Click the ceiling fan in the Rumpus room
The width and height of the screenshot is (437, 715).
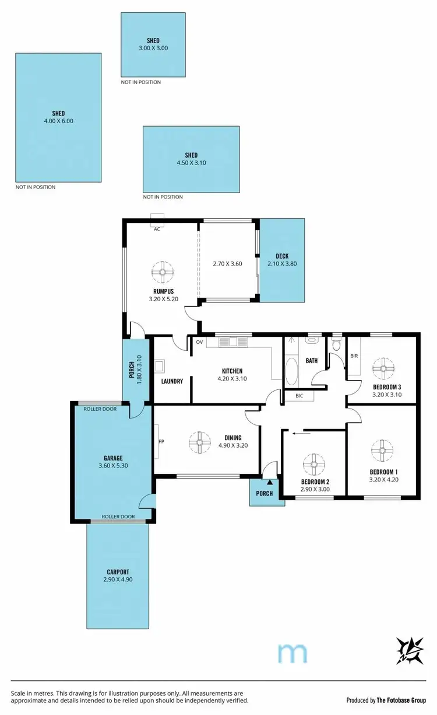[163, 271]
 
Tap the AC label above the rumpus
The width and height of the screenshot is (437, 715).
[157, 229]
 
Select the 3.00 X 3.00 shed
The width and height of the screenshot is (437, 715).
[153, 44]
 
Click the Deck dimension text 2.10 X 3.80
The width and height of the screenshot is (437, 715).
[282, 264]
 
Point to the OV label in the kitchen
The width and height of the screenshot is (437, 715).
[199, 342]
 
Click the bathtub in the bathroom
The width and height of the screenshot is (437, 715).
[292, 371]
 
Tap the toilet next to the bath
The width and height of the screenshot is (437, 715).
[336, 346]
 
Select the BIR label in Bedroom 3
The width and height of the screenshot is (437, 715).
[354, 355]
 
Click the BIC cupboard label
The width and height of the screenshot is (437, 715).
[299, 396]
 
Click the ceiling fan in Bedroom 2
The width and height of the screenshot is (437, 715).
[313, 465]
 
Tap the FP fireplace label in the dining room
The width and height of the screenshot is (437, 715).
[160, 441]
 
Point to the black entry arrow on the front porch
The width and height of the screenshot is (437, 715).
[269, 482]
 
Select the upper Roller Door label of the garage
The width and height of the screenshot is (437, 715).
[100, 409]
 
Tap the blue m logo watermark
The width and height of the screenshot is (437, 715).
[292, 653]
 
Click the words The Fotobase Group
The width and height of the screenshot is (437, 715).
[403, 700]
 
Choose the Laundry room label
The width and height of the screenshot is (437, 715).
[172, 381]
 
